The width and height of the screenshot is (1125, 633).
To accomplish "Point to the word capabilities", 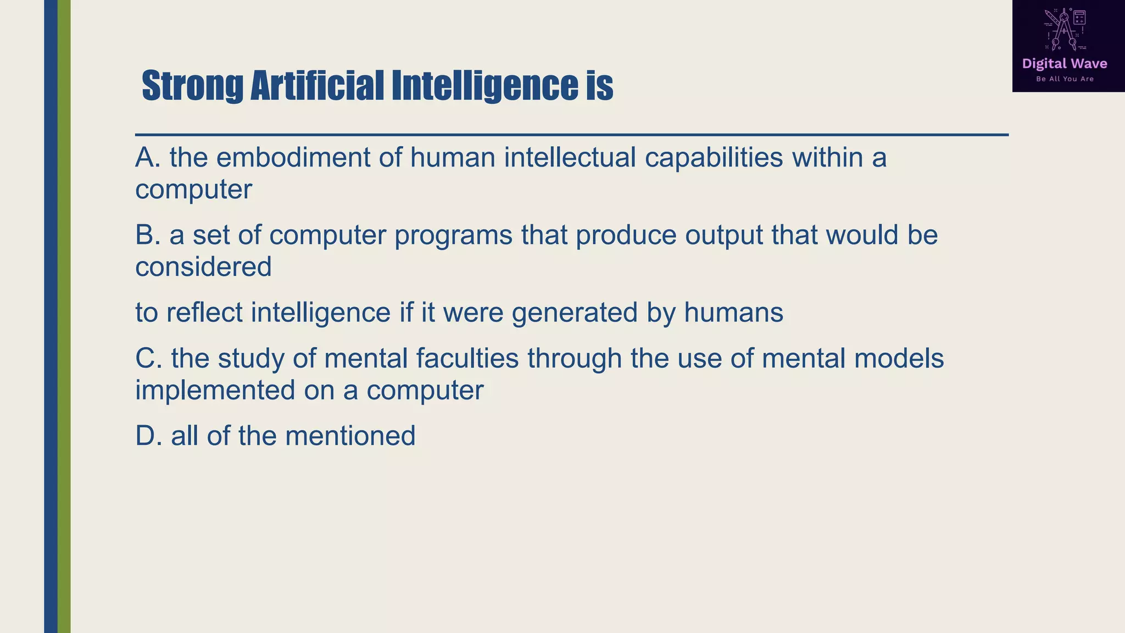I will click(x=714, y=157).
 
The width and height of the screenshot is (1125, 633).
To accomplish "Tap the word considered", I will click(x=203, y=267).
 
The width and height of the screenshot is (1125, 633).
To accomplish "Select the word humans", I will click(x=733, y=313).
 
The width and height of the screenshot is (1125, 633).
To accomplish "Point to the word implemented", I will click(x=215, y=390).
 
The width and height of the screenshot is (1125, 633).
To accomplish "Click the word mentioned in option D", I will click(x=350, y=436).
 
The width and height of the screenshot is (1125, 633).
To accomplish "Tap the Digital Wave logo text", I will click(x=1064, y=64).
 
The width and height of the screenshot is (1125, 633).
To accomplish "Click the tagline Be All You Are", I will click(x=1065, y=79).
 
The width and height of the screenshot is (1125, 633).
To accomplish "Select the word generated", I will click(x=575, y=313).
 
